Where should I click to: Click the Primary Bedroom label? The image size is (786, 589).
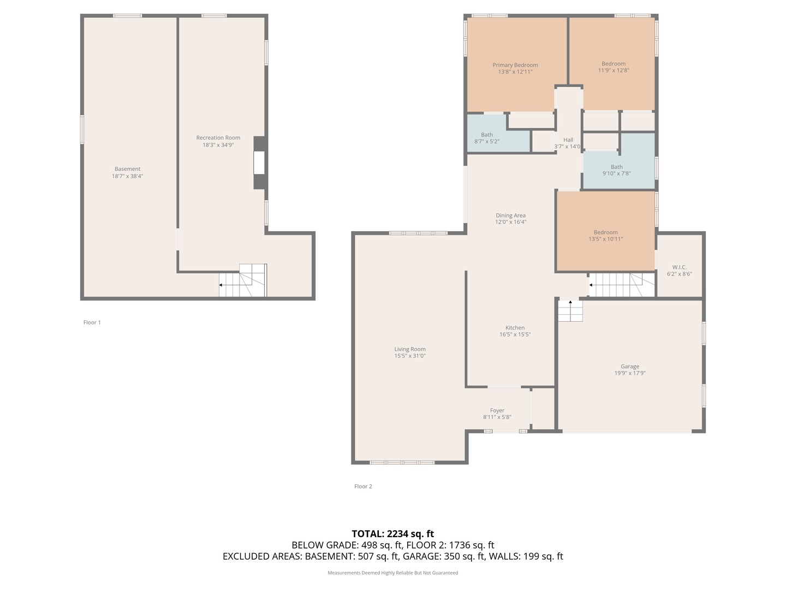[515, 65]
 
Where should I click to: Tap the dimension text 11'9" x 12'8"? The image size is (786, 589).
[614, 70]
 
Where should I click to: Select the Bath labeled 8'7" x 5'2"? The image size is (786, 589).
[486, 138]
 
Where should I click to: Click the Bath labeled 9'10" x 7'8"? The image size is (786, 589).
[616, 170]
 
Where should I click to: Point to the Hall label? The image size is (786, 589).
[568, 140]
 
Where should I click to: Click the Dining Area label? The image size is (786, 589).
[510, 215]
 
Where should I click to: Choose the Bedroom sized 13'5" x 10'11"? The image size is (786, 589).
[605, 236]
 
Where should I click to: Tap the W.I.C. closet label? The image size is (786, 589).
[679, 267]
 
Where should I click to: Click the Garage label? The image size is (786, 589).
[629, 366]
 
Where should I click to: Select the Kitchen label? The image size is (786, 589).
[515, 328]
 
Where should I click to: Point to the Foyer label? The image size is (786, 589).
[497, 411]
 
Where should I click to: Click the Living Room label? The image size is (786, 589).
[410, 349]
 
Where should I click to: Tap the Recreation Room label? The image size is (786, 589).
[218, 138]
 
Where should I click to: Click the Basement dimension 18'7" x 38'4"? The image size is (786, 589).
[127, 176]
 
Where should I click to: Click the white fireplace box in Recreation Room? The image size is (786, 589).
[259, 163]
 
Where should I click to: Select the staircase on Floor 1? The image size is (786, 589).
[243, 281]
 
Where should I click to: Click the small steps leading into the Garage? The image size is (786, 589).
[570, 311]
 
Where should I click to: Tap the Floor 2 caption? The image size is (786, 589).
[363, 486]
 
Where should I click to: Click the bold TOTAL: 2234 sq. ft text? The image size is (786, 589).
[392, 534]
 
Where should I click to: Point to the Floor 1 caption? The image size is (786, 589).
[92, 322]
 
